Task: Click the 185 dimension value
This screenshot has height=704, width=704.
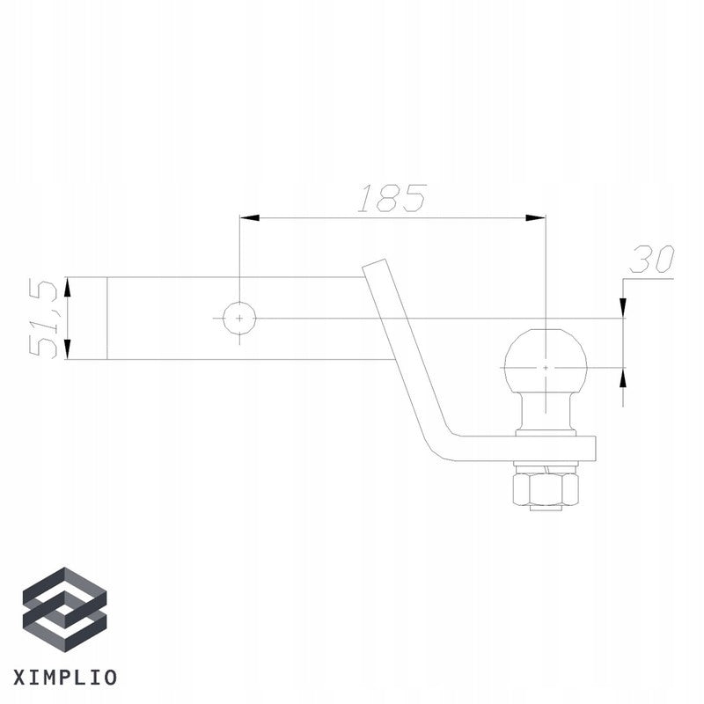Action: (392, 199)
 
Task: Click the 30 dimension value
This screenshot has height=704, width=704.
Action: (651, 260)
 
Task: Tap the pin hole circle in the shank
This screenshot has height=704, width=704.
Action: (238, 318)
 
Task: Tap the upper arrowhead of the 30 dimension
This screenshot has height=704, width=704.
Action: (623, 307)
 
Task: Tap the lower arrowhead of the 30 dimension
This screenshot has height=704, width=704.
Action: (623, 378)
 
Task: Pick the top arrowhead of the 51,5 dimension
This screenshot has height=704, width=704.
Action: (68, 287)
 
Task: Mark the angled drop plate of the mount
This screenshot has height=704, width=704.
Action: (405, 352)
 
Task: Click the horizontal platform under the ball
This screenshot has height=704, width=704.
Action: (528, 448)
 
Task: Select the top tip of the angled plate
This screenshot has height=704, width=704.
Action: (374, 264)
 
